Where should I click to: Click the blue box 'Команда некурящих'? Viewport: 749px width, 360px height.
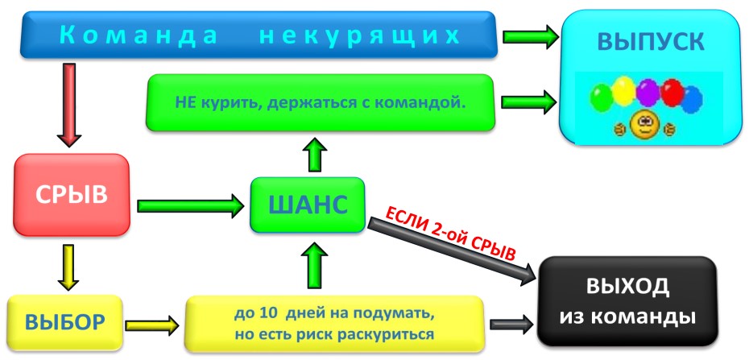258,35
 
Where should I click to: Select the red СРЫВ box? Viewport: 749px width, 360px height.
71,195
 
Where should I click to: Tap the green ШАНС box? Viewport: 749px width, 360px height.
307,205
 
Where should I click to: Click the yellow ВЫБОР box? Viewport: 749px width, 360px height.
64,323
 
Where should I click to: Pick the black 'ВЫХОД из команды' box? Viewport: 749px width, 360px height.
627,302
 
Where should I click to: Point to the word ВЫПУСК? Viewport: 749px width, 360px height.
650,41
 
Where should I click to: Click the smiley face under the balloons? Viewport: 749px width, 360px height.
643,125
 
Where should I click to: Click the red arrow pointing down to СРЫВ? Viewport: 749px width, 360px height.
70,104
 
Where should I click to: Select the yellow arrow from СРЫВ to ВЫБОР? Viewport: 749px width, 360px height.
70,267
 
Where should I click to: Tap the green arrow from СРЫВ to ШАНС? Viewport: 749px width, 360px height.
190,205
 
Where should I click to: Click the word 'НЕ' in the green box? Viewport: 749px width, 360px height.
186,103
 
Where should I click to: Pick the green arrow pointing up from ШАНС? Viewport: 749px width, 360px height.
316,153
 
